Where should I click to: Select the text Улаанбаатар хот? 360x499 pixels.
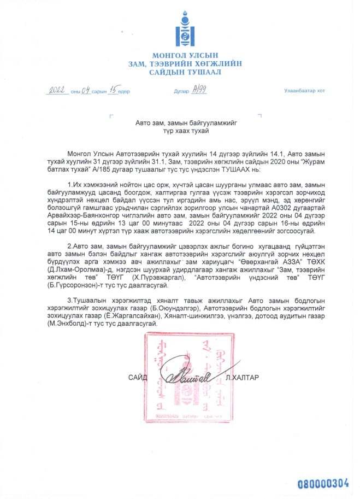(304, 91)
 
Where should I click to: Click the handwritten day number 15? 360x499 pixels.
(113, 91)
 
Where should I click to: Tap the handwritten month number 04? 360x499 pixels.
(86, 91)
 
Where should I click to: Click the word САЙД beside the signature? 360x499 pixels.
(138, 378)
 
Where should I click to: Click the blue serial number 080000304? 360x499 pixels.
(322, 483)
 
